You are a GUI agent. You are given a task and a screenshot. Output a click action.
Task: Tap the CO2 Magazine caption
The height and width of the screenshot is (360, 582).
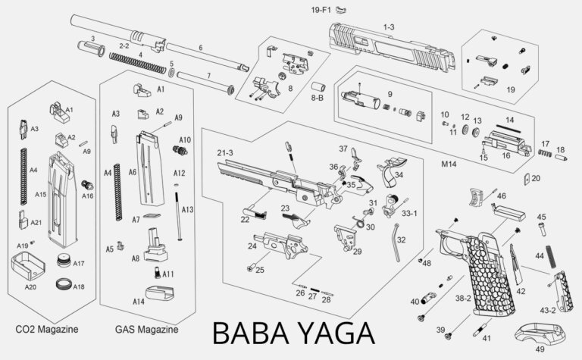(46, 330)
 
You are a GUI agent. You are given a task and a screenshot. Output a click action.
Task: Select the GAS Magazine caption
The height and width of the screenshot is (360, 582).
(146, 330)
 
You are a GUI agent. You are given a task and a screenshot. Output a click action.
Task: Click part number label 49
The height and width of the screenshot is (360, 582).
(539, 350)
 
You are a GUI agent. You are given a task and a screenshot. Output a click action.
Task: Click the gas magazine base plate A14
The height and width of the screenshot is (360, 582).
(160, 292)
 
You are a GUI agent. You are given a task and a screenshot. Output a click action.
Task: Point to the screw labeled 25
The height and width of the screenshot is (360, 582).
(249, 267)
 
